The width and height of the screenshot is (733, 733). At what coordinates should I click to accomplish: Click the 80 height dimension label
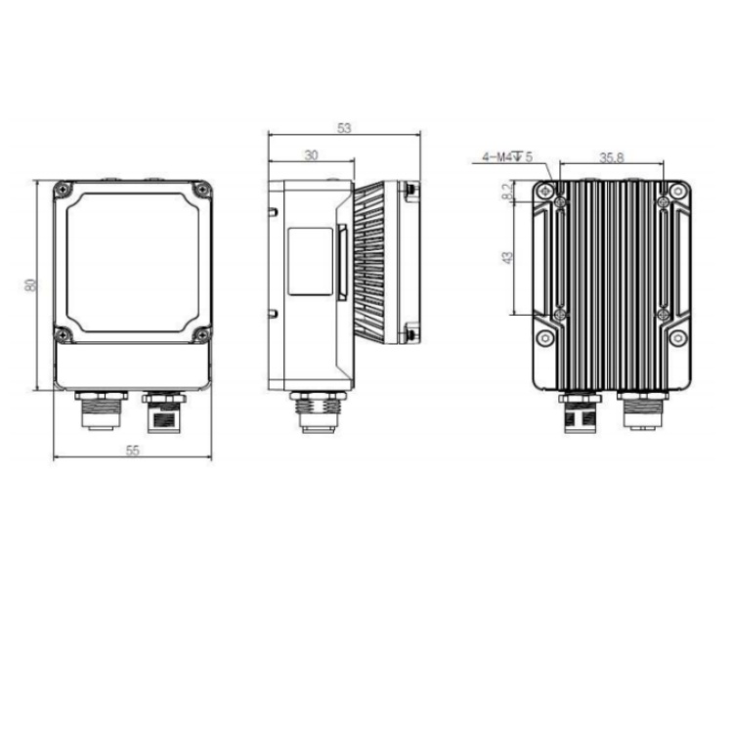click(31, 284)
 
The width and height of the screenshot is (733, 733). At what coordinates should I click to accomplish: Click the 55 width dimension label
click(133, 451)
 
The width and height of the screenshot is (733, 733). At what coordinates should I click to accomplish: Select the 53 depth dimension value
click(344, 128)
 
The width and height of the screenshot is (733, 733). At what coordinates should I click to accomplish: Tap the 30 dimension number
click(312, 155)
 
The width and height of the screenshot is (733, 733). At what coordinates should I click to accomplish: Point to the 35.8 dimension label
click(612, 157)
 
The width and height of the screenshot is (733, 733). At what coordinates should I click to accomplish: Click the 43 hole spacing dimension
click(507, 258)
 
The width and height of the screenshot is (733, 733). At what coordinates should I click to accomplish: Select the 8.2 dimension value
click(507, 191)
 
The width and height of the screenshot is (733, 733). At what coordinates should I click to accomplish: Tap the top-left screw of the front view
click(63, 189)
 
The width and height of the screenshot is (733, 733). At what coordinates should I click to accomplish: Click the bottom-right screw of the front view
click(202, 334)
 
